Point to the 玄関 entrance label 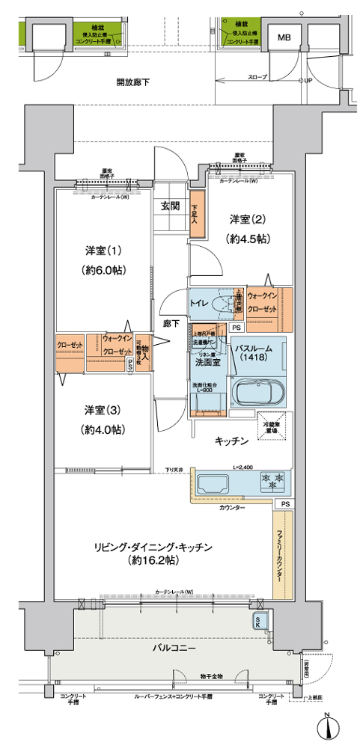[169, 206]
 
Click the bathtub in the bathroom [254, 393]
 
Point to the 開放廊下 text [132, 82]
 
